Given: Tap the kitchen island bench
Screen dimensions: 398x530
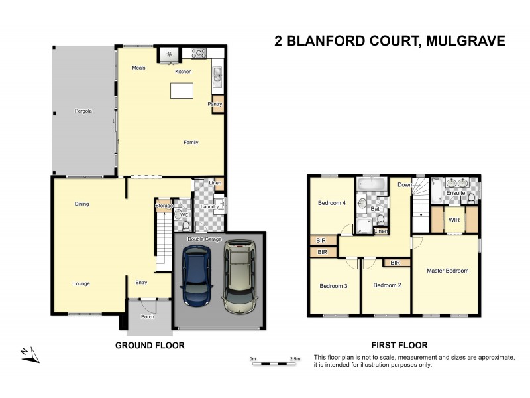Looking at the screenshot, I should [x=185, y=90].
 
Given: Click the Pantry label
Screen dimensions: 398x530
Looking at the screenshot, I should [x=215, y=104].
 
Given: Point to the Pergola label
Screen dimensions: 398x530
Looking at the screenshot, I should [x=83, y=111].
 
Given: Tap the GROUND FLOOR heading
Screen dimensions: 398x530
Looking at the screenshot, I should [x=150, y=345].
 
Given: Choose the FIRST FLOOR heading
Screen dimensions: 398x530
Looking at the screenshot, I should [x=399, y=345].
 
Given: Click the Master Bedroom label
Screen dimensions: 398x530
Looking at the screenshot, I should [x=447, y=271].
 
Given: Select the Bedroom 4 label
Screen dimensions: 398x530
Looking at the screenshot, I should [x=331, y=203].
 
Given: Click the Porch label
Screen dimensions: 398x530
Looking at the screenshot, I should [x=147, y=316].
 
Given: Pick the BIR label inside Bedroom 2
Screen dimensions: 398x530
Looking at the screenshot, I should [x=396, y=263].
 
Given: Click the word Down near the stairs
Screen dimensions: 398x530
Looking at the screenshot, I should [x=404, y=185].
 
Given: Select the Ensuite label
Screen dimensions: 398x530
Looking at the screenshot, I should [x=455, y=193].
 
